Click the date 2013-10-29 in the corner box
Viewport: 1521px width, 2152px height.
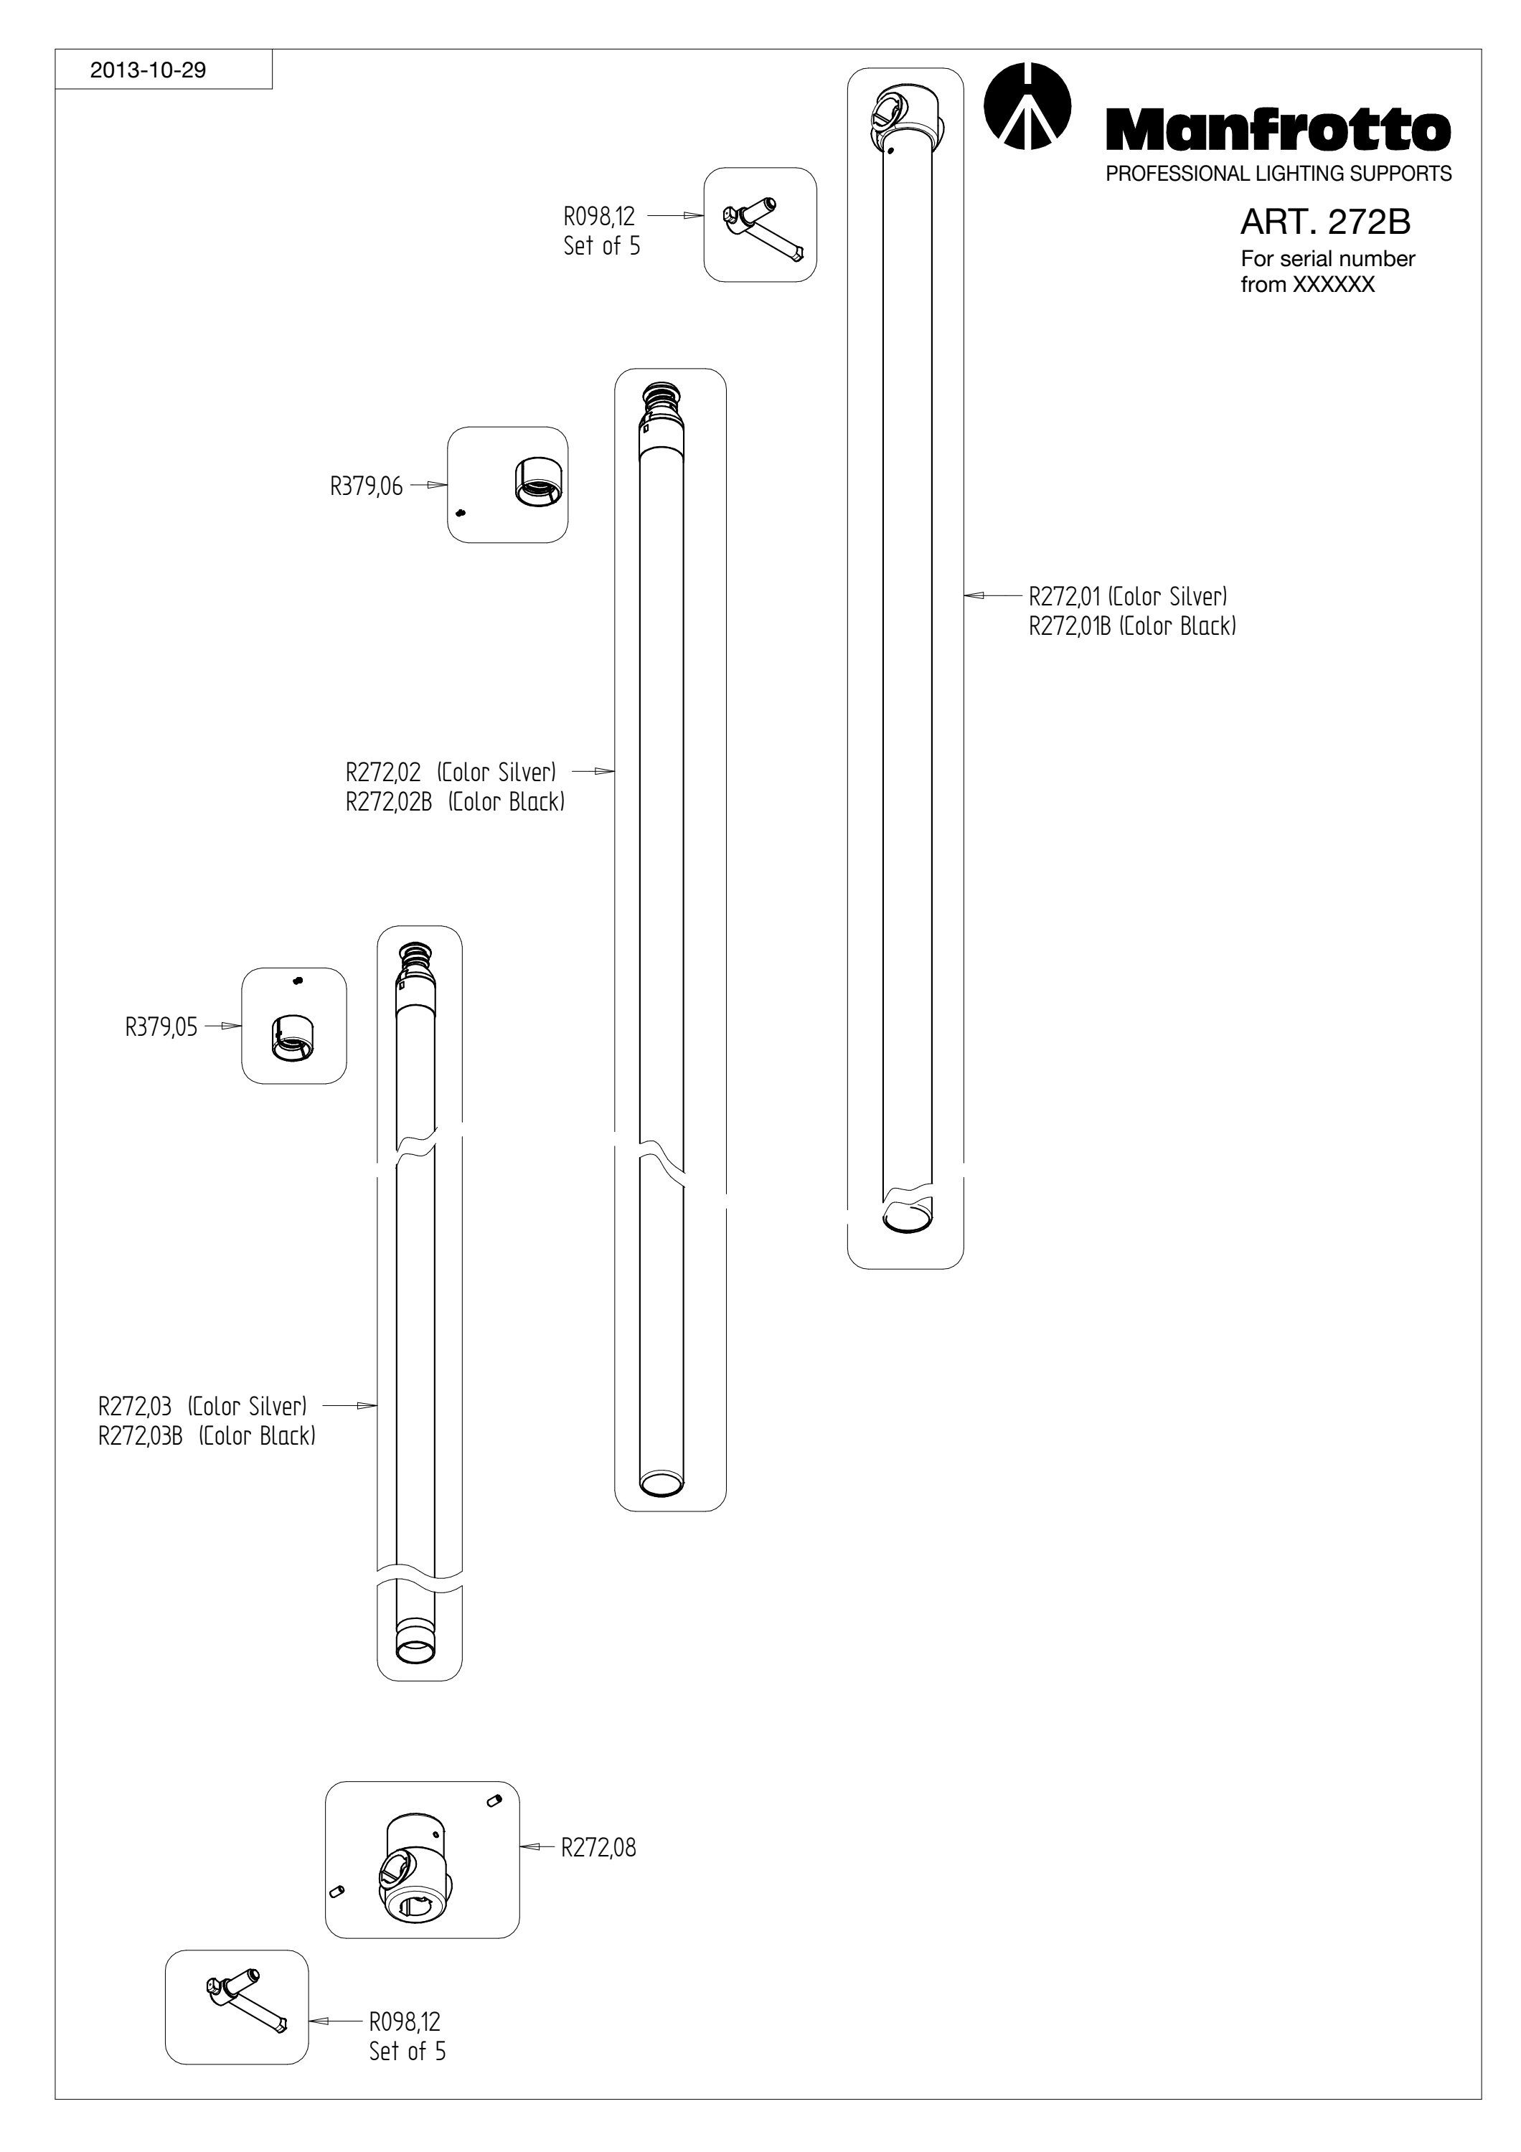pyautogui.click(x=147, y=70)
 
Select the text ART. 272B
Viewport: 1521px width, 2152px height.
pyautogui.click(x=1325, y=222)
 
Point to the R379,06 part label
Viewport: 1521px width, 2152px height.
pyautogui.click(x=365, y=486)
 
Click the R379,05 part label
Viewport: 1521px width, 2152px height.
pyautogui.click(x=161, y=1027)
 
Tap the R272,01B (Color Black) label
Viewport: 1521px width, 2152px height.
pyautogui.click(x=1132, y=626)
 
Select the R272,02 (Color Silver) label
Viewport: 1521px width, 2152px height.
pyautogui.click(x=451, y=773)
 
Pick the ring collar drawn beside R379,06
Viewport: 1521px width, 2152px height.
pyautogui.click(x=538, y=482)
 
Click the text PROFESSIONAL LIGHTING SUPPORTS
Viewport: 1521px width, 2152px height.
pyautogui.click(x=1279, y=174)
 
